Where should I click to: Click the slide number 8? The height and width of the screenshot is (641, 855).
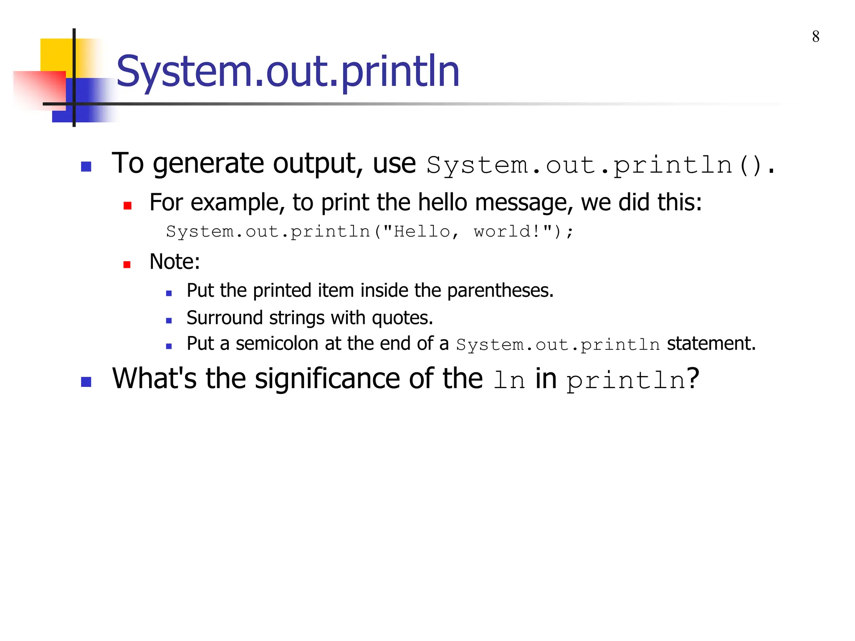coord(815,37)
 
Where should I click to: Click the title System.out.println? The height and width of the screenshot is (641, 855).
coord(288,72)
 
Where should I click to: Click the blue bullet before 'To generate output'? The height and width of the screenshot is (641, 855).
coord(86,167)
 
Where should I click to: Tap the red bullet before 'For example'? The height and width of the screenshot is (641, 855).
coord(127,205)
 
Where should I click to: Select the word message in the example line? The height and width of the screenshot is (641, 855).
coord(524,202)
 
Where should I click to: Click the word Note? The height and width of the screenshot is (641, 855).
coord(175,262)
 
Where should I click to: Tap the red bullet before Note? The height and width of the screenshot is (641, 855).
coord(127,265)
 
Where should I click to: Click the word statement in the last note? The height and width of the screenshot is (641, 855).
coord(711,343)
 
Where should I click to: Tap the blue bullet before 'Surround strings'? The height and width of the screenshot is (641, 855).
coord(169,321)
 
